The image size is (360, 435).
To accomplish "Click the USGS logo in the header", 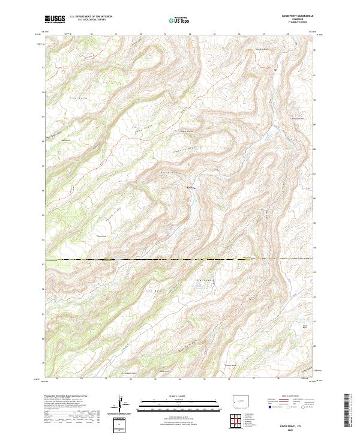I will point(55,20).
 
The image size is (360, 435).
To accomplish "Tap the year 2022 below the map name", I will point(284,429).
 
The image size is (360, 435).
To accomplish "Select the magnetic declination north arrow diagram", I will point(122,406).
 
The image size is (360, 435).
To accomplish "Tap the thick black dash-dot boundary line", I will point(180,260).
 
